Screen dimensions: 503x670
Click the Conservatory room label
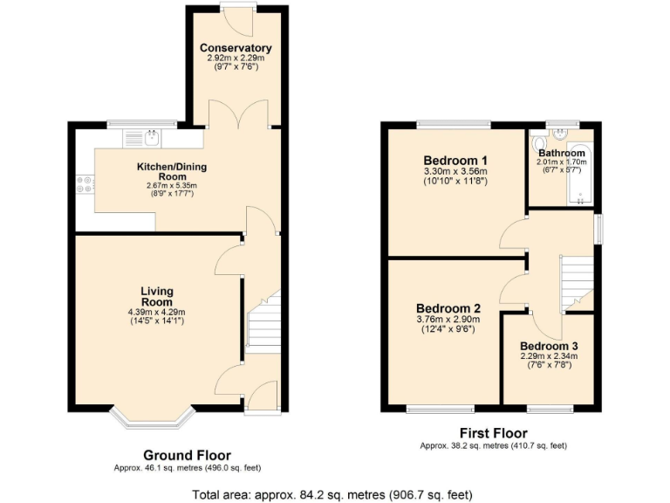coord(235,48)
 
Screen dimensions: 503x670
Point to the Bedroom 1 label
coord(455,161)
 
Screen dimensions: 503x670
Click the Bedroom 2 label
coord(448,308)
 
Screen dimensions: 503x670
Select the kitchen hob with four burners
coord(85,184)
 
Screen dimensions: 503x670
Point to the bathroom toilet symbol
coord(540,144)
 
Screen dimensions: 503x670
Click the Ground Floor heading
coord(187,455)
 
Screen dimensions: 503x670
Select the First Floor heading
coord(493,433)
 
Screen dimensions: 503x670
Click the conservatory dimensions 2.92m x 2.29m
coord(235,58)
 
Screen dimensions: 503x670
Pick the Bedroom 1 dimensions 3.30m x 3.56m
coord(455,172)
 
